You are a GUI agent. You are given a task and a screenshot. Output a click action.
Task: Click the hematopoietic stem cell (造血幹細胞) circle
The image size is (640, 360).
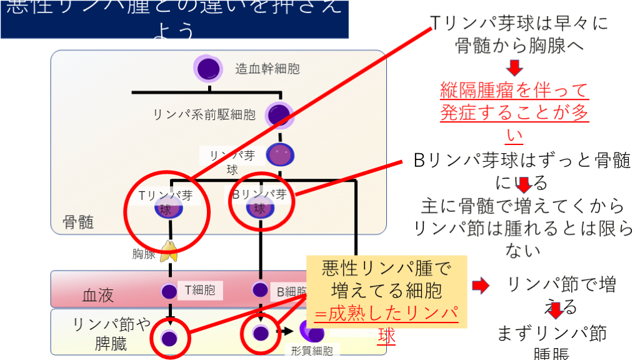pyautogui.click(x=207, y=67)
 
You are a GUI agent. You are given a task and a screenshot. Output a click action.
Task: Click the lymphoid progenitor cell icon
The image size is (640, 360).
pyautogui.click(x=279, y=114)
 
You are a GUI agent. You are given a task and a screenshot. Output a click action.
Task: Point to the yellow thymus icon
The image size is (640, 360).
pyautogui.click(x=169, y=251)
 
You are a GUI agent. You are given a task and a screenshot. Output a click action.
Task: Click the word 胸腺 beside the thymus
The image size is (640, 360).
pyautogui.click(x=144, y=254)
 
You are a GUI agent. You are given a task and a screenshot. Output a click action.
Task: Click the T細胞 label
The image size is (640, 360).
pyautogui.click(x=200, y=290)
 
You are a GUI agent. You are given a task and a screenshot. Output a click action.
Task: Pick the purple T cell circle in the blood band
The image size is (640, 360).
pyautogui.click(x=169, y=291)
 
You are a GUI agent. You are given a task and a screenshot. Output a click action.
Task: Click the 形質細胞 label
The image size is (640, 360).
pyautogui.click(x=312, y=351)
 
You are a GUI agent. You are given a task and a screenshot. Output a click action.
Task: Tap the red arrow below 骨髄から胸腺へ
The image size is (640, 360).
pyautogui.click(x=514, y=67)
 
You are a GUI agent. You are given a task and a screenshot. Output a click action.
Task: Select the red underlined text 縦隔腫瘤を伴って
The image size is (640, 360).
pyautogui.click(x=514, y=91)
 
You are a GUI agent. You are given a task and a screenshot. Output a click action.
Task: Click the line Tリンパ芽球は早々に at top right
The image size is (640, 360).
pyautogui.click(x=519, y=24)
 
